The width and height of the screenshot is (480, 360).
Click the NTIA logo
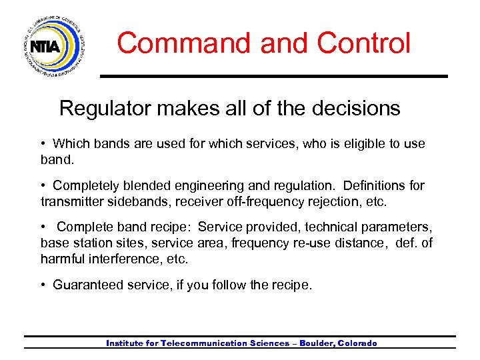click(53, 46)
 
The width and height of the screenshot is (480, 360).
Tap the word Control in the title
click(364, 43)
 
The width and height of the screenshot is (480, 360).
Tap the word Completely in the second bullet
click(87, 185)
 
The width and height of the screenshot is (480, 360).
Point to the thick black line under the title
click(273, 76)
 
